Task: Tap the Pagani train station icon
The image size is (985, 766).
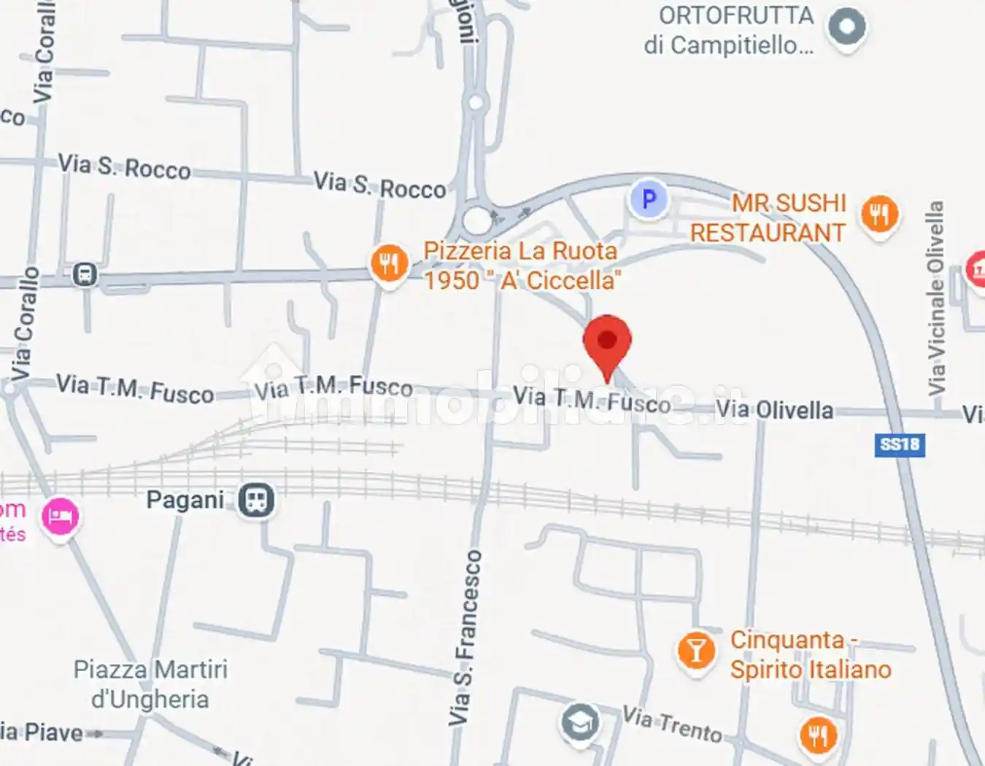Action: [256, 500]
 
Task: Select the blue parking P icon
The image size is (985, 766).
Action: [648, 199]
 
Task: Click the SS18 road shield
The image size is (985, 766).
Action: [900, 445]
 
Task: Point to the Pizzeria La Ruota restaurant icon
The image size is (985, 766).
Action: [389, 263]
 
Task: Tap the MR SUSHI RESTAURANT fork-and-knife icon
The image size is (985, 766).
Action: [879, 214]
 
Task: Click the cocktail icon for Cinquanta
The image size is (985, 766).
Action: [695, 651]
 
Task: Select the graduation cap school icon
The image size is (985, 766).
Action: [580, 722]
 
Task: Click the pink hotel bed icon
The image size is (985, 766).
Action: [60, 517]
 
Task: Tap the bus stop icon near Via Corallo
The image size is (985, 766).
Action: [85, 275]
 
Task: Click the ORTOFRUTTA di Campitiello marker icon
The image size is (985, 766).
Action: [846, 27]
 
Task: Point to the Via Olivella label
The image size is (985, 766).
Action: [774, 410]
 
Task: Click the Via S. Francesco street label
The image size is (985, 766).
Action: [465, 638]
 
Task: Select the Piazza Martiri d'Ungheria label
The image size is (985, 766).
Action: [150, 684]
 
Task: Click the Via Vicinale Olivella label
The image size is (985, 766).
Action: [935, 299]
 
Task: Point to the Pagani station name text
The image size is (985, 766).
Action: [185, 500]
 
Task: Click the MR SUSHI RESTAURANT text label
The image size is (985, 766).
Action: [768, 217]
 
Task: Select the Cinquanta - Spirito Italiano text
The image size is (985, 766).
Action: [810, 654]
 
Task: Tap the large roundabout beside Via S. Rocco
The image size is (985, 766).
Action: [476, 220]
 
